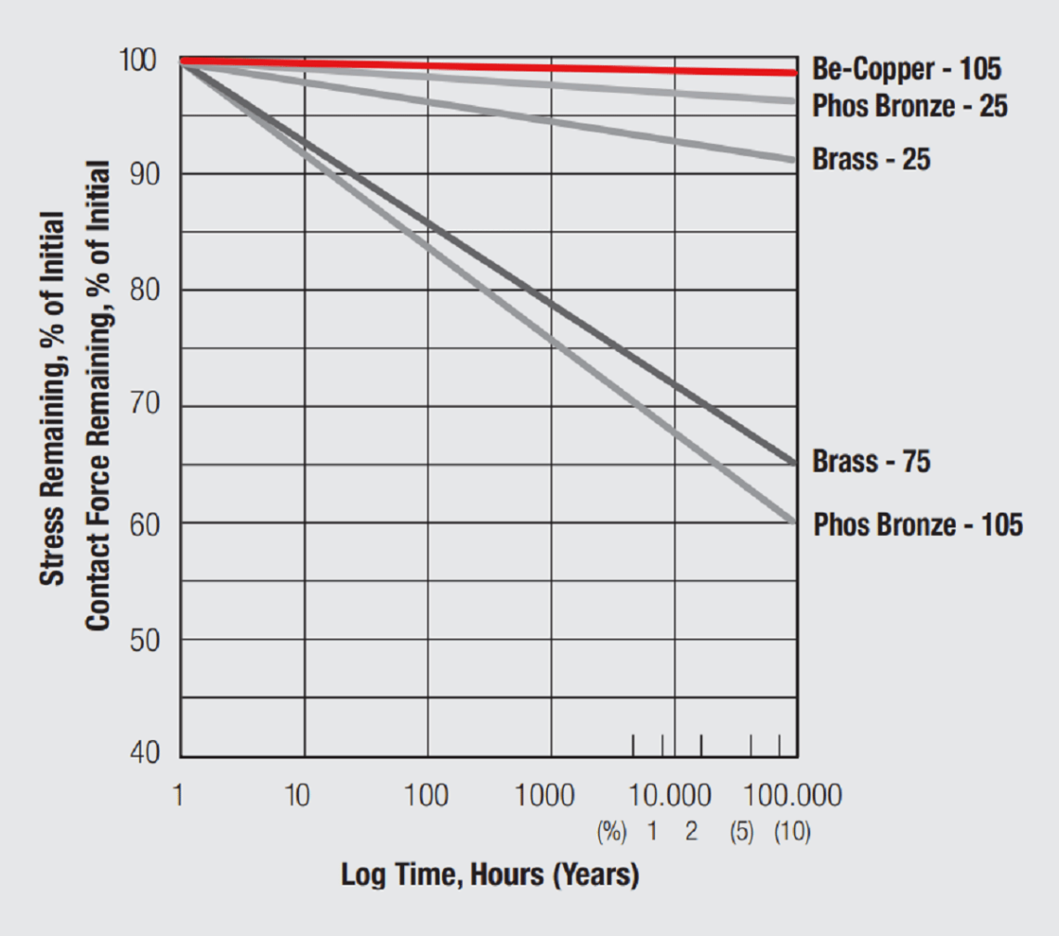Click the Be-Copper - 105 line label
click(907, 70)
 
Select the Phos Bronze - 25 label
click(909, 106)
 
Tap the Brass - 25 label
click(871, 159)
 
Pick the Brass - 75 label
click(871, 461)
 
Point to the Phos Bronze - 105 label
click(918, 525)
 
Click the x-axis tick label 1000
click(543, 797)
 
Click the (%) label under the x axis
click(611, 832)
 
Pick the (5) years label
click(741, 832)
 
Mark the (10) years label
click(792, 832)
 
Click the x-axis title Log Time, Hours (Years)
click(490, 875)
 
